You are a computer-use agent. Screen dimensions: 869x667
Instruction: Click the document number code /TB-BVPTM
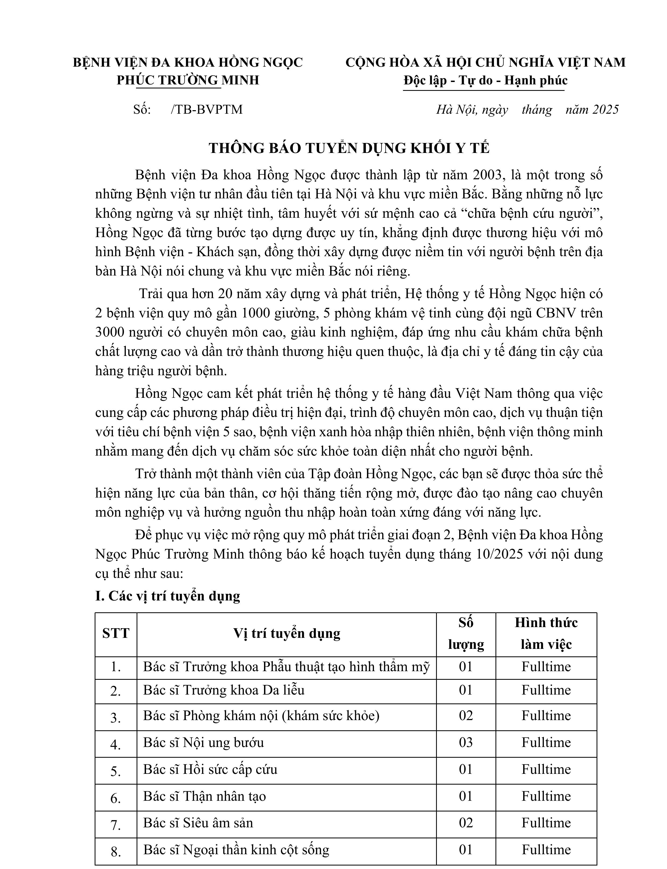pos(206,110)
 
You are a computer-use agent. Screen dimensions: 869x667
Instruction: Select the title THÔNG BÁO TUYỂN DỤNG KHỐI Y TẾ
pos(349,148)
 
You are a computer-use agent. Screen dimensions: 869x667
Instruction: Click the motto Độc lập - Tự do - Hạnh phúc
pos(485,81)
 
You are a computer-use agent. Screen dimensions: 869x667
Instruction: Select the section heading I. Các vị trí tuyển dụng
pos(167,596)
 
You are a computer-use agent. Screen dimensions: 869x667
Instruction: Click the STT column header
pos(116,633)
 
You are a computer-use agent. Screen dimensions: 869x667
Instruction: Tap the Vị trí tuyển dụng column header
pos(286,633)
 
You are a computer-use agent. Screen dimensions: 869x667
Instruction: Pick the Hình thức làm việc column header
pos(546,633)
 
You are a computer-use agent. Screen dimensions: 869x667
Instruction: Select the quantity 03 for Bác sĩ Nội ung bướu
pos(466,742)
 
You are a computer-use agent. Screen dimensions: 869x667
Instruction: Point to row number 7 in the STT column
pos(116,825)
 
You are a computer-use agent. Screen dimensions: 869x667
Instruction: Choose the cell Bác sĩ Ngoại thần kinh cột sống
pos(236,850)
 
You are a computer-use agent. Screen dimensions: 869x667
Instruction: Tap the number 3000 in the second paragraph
pos(110,332)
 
